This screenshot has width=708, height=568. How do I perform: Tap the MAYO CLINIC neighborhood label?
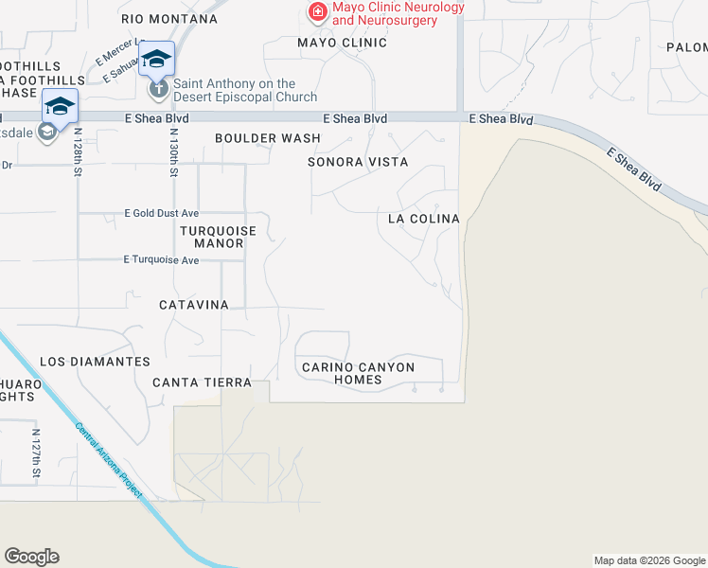point(342,43)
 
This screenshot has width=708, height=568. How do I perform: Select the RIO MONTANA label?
point(169,19)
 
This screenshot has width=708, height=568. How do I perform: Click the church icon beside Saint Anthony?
point(158,90)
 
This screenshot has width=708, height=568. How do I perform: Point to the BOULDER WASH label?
point(268,138)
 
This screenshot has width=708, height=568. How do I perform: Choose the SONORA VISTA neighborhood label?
point(358,163)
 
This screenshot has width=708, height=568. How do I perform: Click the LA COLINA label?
point(424,220)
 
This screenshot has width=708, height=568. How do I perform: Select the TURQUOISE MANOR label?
point(212,238)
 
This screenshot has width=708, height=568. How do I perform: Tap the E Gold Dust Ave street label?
point(162,214)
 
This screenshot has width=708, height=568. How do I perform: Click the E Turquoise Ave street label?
point(161,260)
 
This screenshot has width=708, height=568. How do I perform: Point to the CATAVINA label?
point(194,305)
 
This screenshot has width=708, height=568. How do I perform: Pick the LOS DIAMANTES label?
point(95,363)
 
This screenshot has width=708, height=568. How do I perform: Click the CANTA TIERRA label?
point(203,383)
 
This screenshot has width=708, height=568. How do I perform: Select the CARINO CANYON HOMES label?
point(358,373)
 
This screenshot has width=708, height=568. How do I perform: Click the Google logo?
point(31,557)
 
